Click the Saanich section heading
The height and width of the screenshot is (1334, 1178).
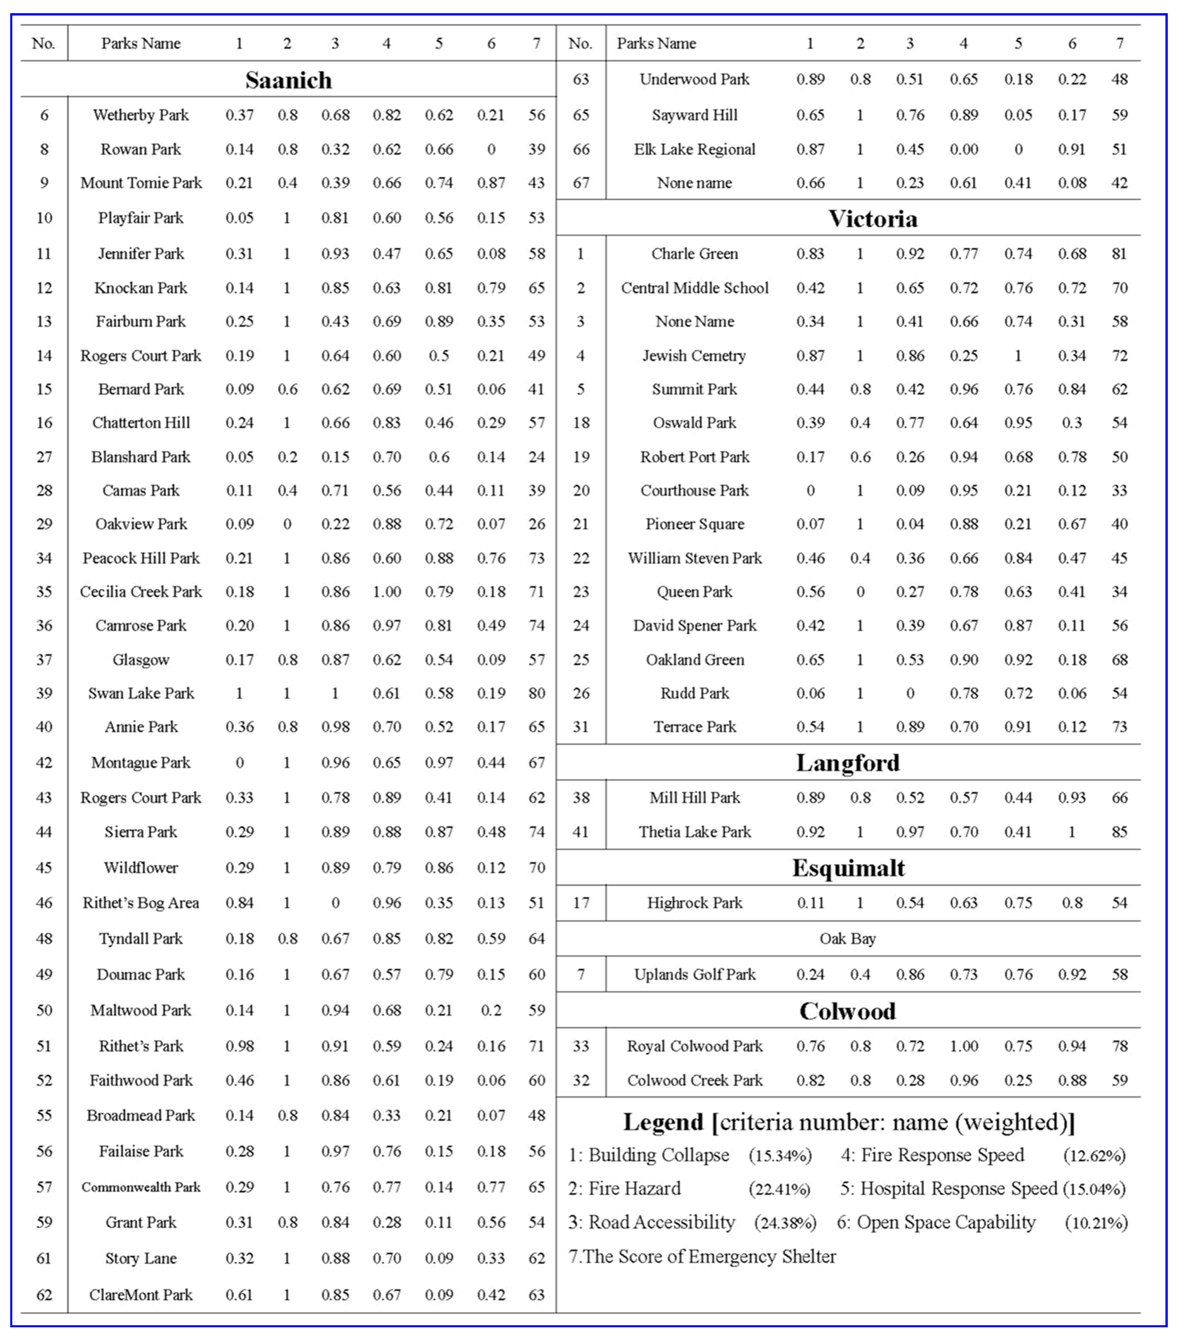[x=288, y=80]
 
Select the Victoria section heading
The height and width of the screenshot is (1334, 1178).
[x=873, y=219]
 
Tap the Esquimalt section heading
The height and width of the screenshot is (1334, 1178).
[x=848, y=868]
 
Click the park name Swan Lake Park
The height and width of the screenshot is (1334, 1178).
[x=141, y=693]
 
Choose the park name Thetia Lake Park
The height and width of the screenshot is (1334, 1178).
[x=695, y=832]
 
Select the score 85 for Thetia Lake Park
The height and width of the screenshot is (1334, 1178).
[x=1119, y=832]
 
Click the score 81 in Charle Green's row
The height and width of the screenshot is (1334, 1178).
[x=1119, y=254]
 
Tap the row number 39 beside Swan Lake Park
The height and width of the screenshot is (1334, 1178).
[x=44, y=693]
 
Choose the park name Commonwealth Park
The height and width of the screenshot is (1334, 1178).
[x=141, y=1187]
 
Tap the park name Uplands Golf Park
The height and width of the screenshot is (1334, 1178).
[x=695, y=974]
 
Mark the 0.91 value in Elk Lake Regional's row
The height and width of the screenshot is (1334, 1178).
[x=1072, y=149]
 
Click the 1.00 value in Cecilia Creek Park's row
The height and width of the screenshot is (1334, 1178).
[x=387, y=592]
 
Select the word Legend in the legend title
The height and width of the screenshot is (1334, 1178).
[x=663, y=1123]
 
